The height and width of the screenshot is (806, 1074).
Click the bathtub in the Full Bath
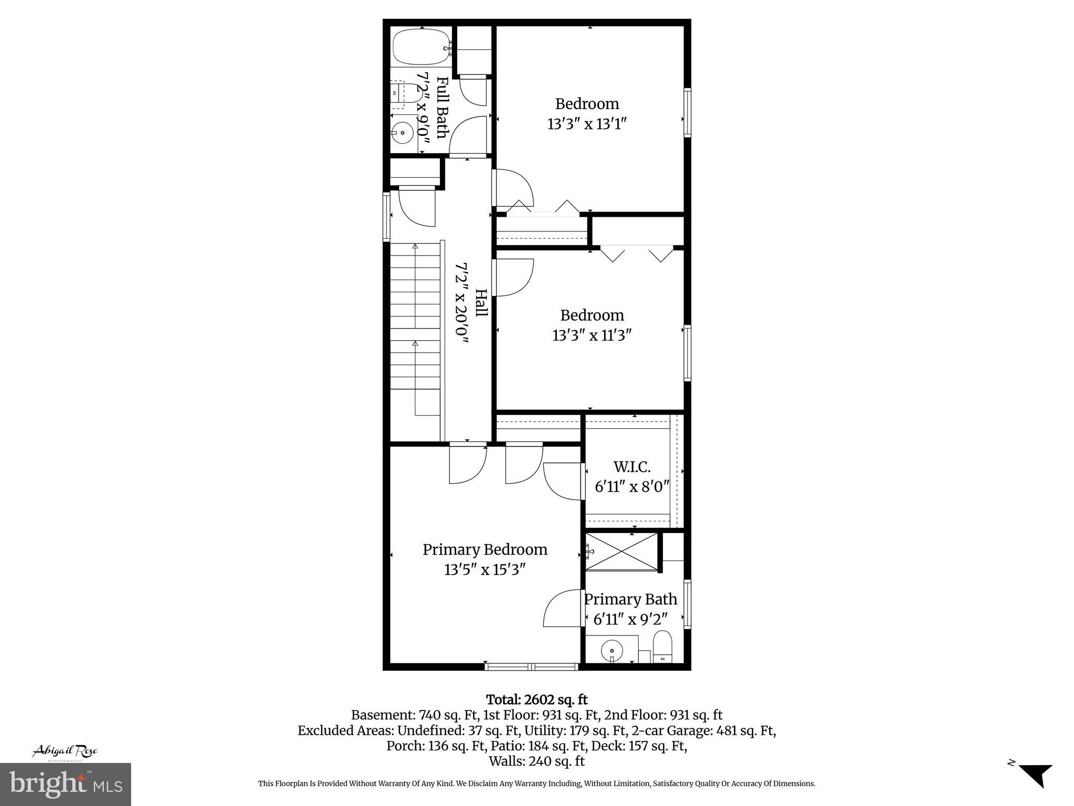point(421,47)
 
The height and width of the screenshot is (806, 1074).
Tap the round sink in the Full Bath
point(402,132)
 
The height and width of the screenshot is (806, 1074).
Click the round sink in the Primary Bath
point(611,651)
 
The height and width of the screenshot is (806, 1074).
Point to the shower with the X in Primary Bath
point(621,550)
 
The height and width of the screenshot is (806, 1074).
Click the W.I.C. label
point(632,466)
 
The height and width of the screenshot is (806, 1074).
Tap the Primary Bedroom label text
point(485,549)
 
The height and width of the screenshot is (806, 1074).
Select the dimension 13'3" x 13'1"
point(587,124)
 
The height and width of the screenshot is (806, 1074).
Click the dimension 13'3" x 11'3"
point(592,335)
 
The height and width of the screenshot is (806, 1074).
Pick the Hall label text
point(481,303)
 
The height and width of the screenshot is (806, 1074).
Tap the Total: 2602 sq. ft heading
point(536,699)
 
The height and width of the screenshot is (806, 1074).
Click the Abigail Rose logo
point(65,751)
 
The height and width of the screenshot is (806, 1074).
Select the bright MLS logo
point(65,784)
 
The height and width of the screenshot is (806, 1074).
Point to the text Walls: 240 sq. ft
point(536,761)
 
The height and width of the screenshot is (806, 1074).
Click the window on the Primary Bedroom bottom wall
point(532,667)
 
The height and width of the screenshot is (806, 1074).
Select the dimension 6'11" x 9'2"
point(630,619)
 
